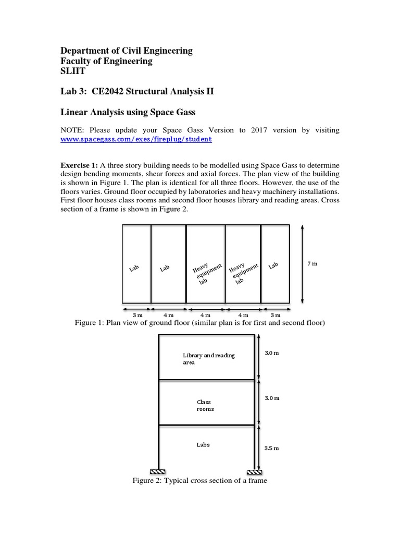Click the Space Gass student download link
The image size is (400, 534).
pos(136,140)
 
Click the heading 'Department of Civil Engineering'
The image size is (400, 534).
pos(127,51)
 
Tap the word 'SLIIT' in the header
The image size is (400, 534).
pos(73,71)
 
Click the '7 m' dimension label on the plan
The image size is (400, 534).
pos(312,264)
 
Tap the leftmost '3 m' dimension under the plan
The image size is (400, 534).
pos(137,315)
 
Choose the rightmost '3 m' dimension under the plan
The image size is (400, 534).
pos(275,315)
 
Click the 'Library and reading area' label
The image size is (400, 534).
pos(208,359)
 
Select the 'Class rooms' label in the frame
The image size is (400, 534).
pos(205,405)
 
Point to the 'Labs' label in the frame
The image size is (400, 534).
pos(203,445)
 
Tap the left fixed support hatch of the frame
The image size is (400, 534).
pos(158,471)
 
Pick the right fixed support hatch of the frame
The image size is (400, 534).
pos(255,471)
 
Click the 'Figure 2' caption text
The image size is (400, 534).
pos(200,480)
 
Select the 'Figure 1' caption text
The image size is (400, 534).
pos(200,323)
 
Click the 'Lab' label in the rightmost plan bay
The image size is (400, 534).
pos(273,266)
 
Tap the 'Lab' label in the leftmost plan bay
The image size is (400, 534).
pos(134,268)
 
